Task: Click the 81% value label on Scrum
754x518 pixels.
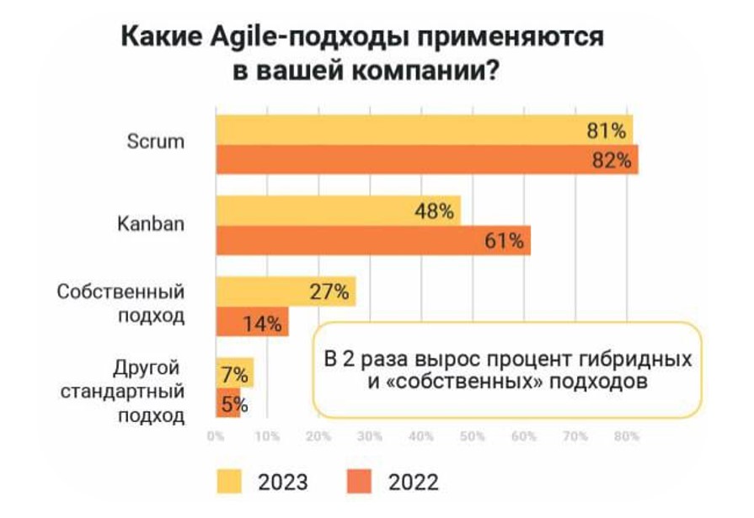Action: pyautogui.click(x=607, y=131)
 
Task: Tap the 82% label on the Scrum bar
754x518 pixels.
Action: pyautogui.click(x=612, y=160)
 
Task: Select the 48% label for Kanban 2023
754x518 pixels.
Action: pyautogui.click(x=435, y=211)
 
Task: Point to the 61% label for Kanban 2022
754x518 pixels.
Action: pyautogui.click(x=505, y=241)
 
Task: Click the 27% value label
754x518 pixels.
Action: pyautogui.click(x=329, y=291)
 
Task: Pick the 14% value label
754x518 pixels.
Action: pyautogui.click(x=263, y=323)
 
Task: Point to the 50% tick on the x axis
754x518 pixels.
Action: pyautogui.click(x=472, y=436)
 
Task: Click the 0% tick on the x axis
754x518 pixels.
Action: pyautogui.click(x=217, y=436)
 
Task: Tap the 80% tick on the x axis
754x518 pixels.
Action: pyautogui.click(x=626, y=436)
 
